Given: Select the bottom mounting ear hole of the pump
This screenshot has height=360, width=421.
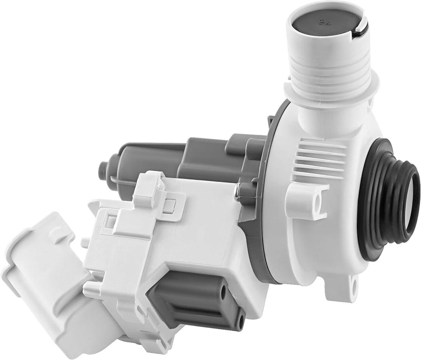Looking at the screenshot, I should tap(354, 281).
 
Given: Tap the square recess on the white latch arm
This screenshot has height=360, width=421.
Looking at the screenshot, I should tap(168, 206).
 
